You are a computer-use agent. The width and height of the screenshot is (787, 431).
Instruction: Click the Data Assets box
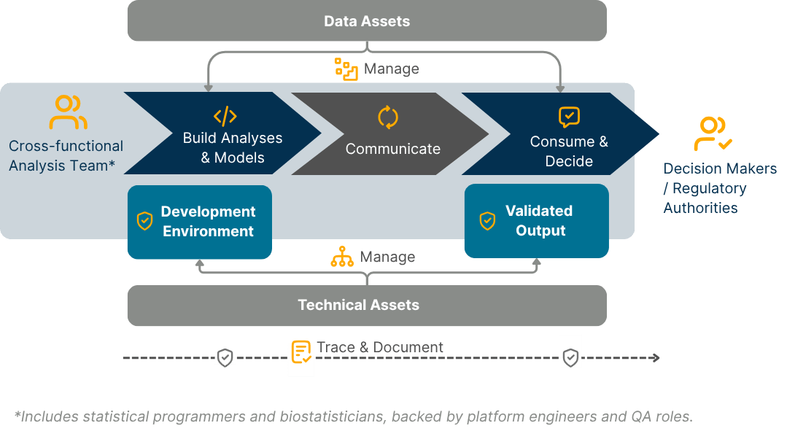pyautogui.click(x=367, y=21)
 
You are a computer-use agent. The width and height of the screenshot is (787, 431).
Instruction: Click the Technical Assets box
pyautogui.click(x=367, y=305)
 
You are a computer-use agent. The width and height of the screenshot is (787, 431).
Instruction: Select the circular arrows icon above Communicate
pyautogui.click(x=387, y=117)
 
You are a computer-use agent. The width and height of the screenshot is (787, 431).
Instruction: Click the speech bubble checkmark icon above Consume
pyautogui.click(x=569, y=117)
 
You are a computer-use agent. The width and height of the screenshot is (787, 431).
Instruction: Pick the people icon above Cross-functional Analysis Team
pyautogui.click(x=68, y=112)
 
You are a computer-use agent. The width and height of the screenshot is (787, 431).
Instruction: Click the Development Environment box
pyautogui.click(x=199, y=222)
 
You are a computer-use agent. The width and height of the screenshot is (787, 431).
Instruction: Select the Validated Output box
pyautogui.click(x=536, y=221)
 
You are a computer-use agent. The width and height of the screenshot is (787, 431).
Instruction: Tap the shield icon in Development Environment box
pyautogui.click(x=145, y=220)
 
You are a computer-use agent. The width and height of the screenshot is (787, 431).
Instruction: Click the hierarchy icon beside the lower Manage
pyautogui.click(x=342, y=257)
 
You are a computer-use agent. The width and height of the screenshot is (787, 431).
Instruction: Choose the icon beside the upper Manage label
pyautogui.click(x=346, y=69)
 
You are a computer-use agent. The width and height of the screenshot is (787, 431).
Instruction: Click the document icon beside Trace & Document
pyautogui.click(x=301, y=352)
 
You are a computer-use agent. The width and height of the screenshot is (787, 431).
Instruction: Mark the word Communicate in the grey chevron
pyautogui.click(x=392, y=149)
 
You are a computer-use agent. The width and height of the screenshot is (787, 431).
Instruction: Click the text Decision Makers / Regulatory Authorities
pyautogui.click(x=719, y=188)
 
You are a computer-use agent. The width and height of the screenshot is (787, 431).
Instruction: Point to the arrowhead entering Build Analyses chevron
pyautogui.click(x=209, y=88)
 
